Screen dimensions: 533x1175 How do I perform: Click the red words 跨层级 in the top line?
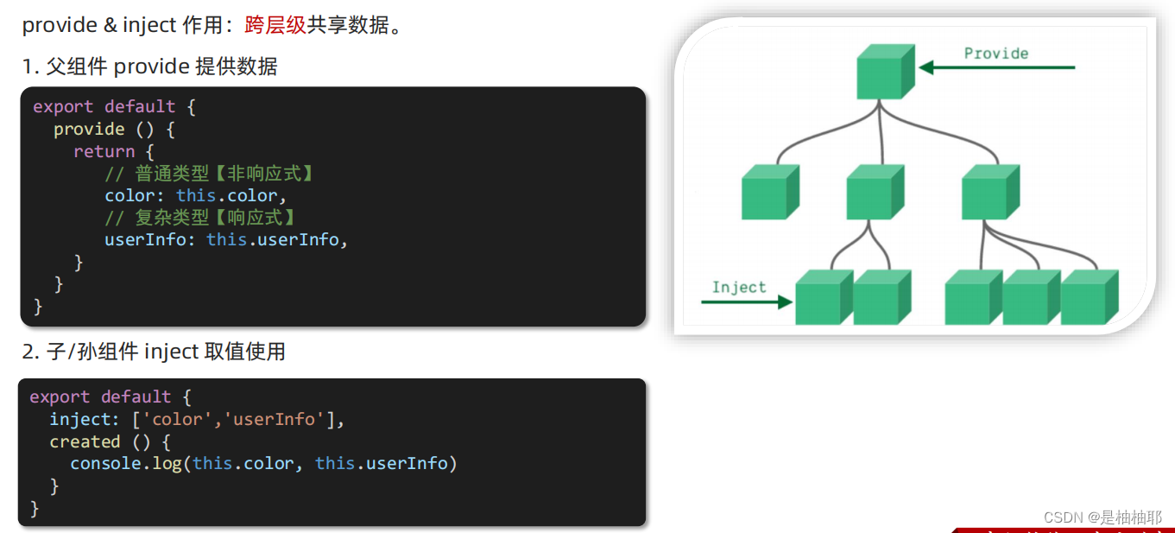pyautogui.click(x=275, y=25)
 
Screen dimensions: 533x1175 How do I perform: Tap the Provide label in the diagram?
pyautogui.click(x=995, y=54)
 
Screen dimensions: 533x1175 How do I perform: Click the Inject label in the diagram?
pyautogui.click(x=739, y=288)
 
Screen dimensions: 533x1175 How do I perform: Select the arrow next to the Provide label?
pyautogui.click(x=997, y=67)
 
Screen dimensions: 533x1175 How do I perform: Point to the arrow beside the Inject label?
pyautogui.click(x=747, y=301)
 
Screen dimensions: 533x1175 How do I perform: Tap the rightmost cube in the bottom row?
pyautogui.click(x=1088, y=298)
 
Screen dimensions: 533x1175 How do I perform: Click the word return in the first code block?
pyautogui.click(x=104, y=151)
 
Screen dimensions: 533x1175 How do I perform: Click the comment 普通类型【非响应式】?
pyautogui.click(x=210, y=174)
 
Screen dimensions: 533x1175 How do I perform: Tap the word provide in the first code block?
pyautogui.click(x=89, y=129)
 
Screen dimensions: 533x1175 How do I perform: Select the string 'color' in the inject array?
pyautogui.click(x=176, y=419)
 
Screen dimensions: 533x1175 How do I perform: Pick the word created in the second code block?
pyautogui.click(x=85, y=441)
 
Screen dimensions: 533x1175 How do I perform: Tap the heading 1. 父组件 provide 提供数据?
pyautogui.click(x=150, y=67)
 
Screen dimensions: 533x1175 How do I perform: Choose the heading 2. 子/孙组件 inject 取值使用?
pyautogui.click(x=154, y=352)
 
